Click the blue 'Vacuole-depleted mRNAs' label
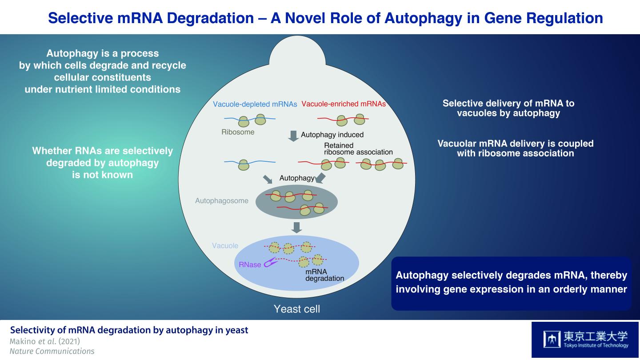point(255,104)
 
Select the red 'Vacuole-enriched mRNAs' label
point(344,104)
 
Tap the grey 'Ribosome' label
point(238,132)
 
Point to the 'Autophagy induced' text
point(332,135)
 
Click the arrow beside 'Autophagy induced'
point(293,136)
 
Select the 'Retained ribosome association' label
point(358,148)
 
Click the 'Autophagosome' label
point(222,201)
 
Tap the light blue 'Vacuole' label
point(225,245)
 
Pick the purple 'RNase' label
point(250,264)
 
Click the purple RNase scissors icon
point(271,263)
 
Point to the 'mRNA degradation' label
point(324,275)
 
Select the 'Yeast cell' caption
point(296,308)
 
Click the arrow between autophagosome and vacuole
point(296,227)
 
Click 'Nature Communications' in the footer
point(52,351)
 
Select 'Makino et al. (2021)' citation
point(45,341)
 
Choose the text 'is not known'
point(102,175)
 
